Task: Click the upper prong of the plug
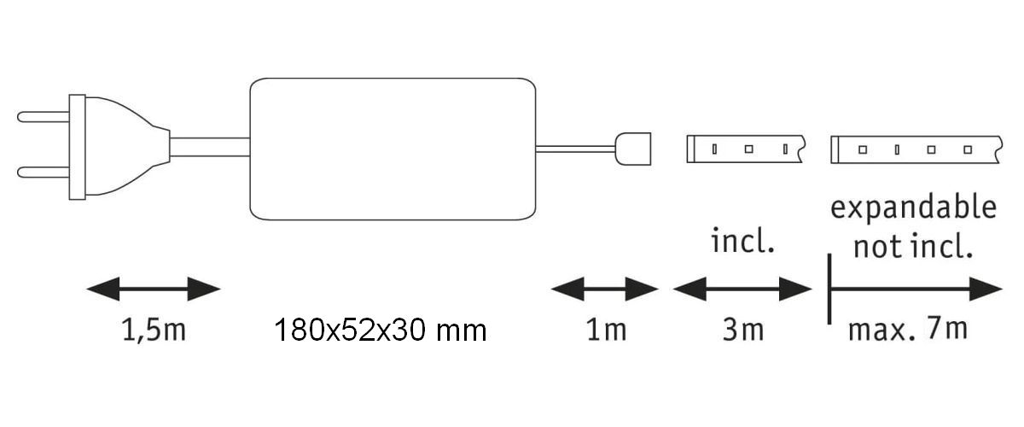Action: click(43, 115)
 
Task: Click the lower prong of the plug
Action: click(43, 171)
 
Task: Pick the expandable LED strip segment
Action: click(913, 149)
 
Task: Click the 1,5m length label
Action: click(154, 330)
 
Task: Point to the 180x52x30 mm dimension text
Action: click(381, 330)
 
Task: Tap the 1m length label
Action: click(606, 330)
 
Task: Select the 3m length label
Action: click(742, 330)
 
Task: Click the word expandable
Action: click(913, 208)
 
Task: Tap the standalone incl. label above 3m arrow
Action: click(743, 242)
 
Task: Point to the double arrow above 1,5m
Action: click(154, 289)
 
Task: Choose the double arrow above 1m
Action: click(605, 289)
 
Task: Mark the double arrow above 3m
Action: click(742, 289)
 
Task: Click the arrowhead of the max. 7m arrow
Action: click(990, 289)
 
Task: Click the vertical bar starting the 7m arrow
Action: click(829, 289)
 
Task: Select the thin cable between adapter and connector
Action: click(576, 149)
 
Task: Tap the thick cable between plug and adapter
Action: click(209, 146)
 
